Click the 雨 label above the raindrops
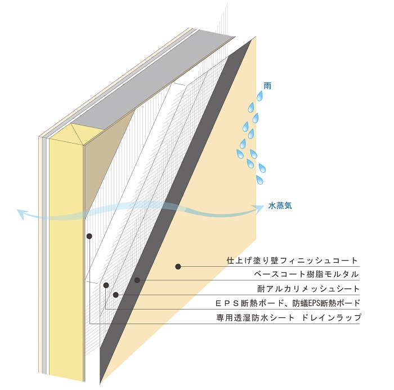click(267, 86)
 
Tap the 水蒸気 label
click(280, 206)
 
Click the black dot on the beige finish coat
click(178, 266)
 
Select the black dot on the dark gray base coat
click(137, 280)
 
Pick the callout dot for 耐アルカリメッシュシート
click(115, 294)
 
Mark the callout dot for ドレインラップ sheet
click(89, 236)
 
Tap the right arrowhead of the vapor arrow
click(259, 207)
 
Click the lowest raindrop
click(259, 180)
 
